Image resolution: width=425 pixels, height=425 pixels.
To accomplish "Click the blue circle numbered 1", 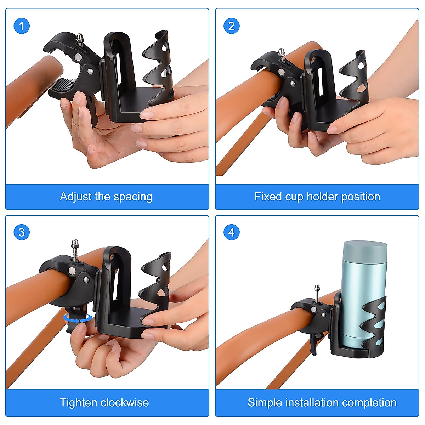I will tap(21, 26).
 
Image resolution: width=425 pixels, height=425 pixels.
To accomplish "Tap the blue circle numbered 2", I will tap(231, 26).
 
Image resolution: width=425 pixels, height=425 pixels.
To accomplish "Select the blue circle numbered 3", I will tap(21, 232).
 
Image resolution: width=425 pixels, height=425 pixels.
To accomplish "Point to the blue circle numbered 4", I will tap(231, 232).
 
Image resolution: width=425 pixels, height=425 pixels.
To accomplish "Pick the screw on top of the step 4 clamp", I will tap(317, 291).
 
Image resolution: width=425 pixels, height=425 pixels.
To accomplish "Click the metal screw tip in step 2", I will tap(282, 53).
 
